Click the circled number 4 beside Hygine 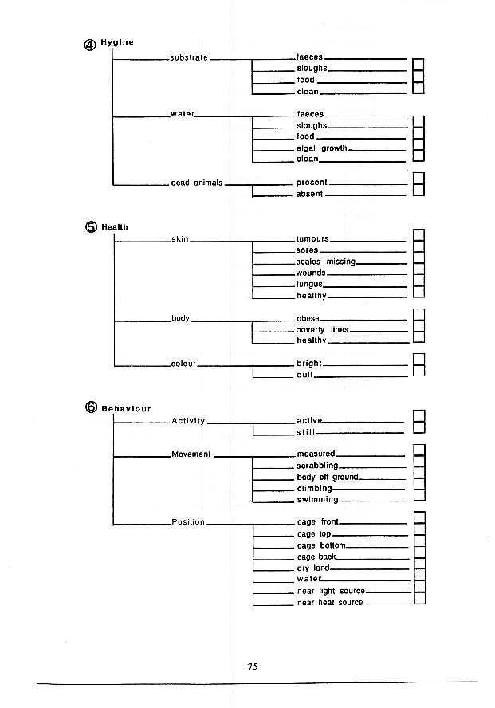pyautogui.click(x=90, y=45)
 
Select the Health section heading pyautogui.click(x=115, y=227)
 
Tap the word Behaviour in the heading pyautogui.click(x=126, y=409)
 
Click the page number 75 pyautogui.click(x=253, y=667)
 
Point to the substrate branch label pyautogui.click(x=189, y=57)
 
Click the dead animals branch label pyautogui.click(x=196, y=183)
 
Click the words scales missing pyautogui.click(x=325, y=262)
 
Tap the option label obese pyautogui.click(x=308, y=319)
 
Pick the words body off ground pyautogui.click(x=327, y=478)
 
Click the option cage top pyautogui.click(x=313, y=534)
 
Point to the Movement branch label pyautogui.click(x=191, y=454)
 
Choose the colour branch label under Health pyautogui.click(x=183, y=364)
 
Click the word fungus pyautogui.click(x=309, y=284)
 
